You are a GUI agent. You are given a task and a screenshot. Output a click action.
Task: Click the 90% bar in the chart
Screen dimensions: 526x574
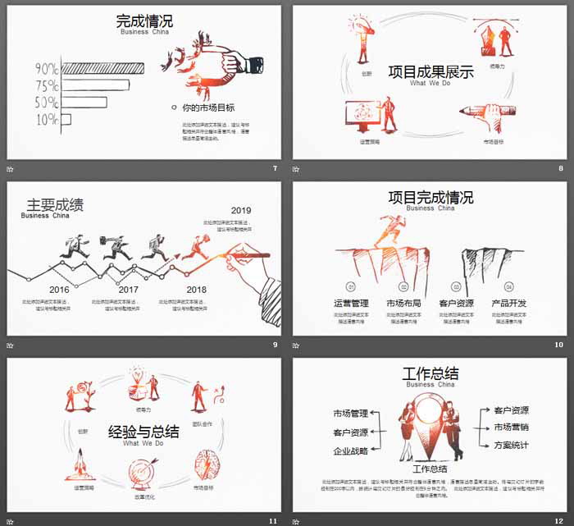(x=102, y=68)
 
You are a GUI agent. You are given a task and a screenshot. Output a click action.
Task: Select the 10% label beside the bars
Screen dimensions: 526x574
(x=47, y=120)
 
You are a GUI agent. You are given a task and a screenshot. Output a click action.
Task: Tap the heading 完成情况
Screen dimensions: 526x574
(x=145, y=21)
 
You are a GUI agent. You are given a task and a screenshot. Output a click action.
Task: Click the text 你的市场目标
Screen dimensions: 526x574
(x=208, y=107)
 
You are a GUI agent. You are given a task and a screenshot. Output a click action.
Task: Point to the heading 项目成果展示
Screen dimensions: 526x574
(x=430, y=72)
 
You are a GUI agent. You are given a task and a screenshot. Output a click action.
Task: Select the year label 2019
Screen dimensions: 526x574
(x=241, y=210)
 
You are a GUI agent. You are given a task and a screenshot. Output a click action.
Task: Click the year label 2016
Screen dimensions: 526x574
(x=59, y=290)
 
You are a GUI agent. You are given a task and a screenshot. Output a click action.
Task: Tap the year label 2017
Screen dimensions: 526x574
(x=129, y=290)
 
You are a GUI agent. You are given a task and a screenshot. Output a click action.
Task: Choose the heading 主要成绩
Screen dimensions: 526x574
(x=55, y=205)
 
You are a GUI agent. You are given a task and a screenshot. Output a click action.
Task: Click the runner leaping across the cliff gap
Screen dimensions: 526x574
(x=389, y=232)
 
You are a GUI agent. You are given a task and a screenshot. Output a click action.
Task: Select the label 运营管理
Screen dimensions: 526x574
(x=351, y=304)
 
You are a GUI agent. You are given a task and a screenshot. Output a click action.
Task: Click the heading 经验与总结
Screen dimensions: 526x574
(x=143, y=431)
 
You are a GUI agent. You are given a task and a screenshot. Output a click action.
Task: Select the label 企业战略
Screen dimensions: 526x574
(x=350, y=451)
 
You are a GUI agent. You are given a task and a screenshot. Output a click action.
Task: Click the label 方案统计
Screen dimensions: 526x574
(x=511, y=445)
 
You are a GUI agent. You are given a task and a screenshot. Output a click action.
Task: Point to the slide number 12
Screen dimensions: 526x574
(x=558, y=520)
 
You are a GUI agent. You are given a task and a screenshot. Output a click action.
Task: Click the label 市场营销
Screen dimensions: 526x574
(x=511, y=427)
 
